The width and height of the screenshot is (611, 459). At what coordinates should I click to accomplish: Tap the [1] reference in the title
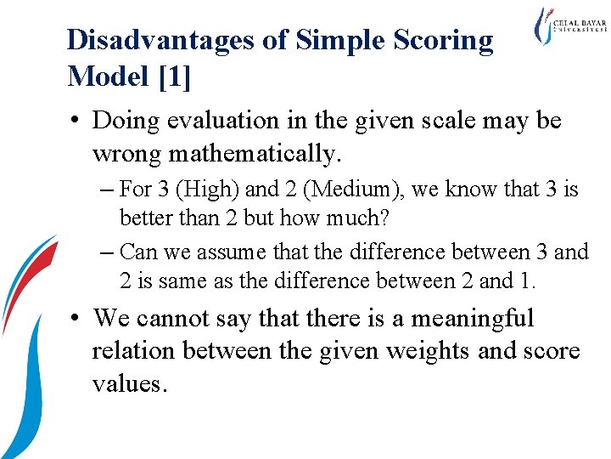coord(174,76)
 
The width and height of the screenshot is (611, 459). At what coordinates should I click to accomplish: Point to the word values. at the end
coord(129,382)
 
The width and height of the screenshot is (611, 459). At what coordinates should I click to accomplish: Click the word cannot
coord(181,319)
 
